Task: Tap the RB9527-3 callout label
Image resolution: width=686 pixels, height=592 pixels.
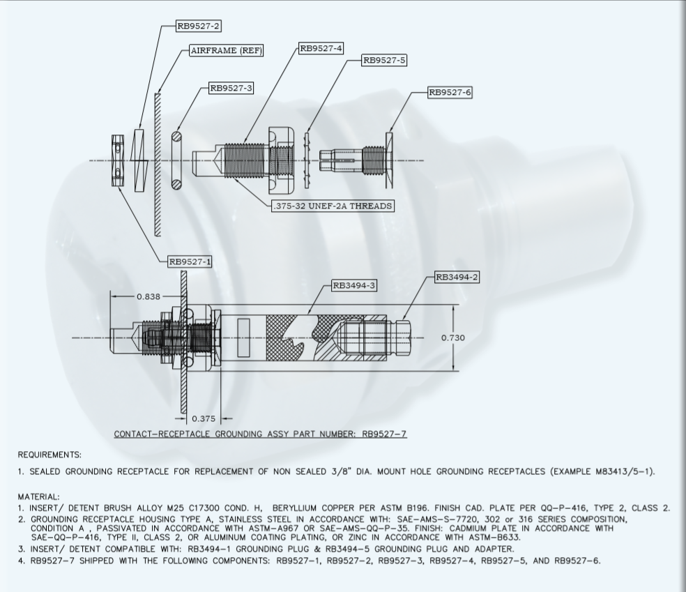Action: click(231, 88)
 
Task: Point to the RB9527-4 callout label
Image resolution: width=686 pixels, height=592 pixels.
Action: click(321, 48)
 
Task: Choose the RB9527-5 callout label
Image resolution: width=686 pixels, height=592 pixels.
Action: click(384, 60)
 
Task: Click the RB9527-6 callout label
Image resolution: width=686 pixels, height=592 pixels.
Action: click(450, 92)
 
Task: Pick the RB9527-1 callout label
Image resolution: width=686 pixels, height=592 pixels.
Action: click(190, 261)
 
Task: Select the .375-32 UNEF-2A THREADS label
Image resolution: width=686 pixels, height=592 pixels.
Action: click(333, 206)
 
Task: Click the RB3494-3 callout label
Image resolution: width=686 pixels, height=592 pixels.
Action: click(354, 285)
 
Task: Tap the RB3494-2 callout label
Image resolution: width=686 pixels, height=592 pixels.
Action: click(457, 277)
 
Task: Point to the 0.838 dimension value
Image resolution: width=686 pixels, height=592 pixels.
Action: click(148, 296)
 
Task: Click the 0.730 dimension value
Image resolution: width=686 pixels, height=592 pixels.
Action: click(453, 337)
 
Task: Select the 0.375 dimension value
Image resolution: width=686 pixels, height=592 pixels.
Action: click(204, 419)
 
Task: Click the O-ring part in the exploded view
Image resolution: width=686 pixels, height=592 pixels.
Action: click(178, 158)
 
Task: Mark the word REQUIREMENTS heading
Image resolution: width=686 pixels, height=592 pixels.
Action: click(49, 455)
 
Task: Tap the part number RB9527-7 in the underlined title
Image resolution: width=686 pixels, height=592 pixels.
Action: click(382, 434)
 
